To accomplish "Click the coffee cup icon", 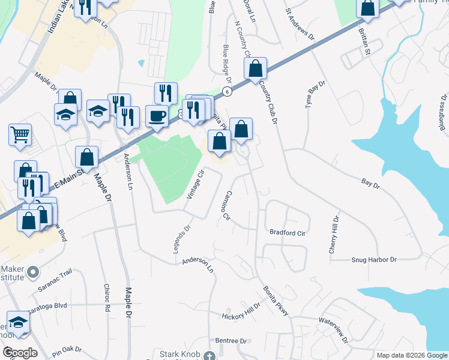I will [x=157, y=115].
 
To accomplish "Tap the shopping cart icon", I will [x=20, y=134].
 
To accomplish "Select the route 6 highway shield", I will [x=226, y=91].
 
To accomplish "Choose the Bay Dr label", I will [x=371, y=182].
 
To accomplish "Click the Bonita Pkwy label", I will [x=275, y=298].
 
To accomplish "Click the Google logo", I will [x=19, y=352].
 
